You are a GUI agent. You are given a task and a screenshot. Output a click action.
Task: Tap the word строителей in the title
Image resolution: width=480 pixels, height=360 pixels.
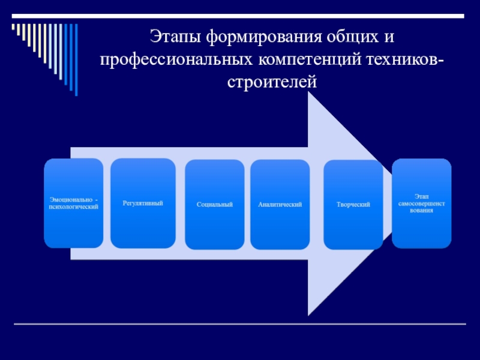click(x=271, y=82)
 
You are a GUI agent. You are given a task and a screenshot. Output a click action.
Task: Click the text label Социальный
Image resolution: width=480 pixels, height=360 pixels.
click(x=215, y=205)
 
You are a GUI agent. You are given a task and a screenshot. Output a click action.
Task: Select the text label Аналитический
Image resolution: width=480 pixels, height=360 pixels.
click(x=280, y=205)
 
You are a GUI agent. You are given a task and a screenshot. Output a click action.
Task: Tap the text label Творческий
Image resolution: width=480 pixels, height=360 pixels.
click(x=353, y=205)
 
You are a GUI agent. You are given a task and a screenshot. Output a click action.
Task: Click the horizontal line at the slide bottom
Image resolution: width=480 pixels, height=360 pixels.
click(x=240, y=324)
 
